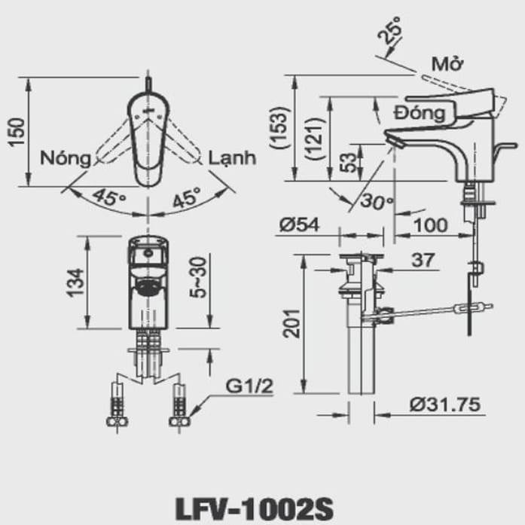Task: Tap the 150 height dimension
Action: (x=17, y=132)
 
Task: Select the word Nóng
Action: (x=66, y=158)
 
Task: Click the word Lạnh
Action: (x=233, y=158)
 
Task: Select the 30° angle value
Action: (x=377, y=201)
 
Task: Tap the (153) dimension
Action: (x=281, y=129)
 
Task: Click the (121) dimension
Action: (x=315, y=139)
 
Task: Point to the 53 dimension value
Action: (x=348, y=163)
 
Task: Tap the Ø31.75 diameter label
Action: (x=445, y=404)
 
